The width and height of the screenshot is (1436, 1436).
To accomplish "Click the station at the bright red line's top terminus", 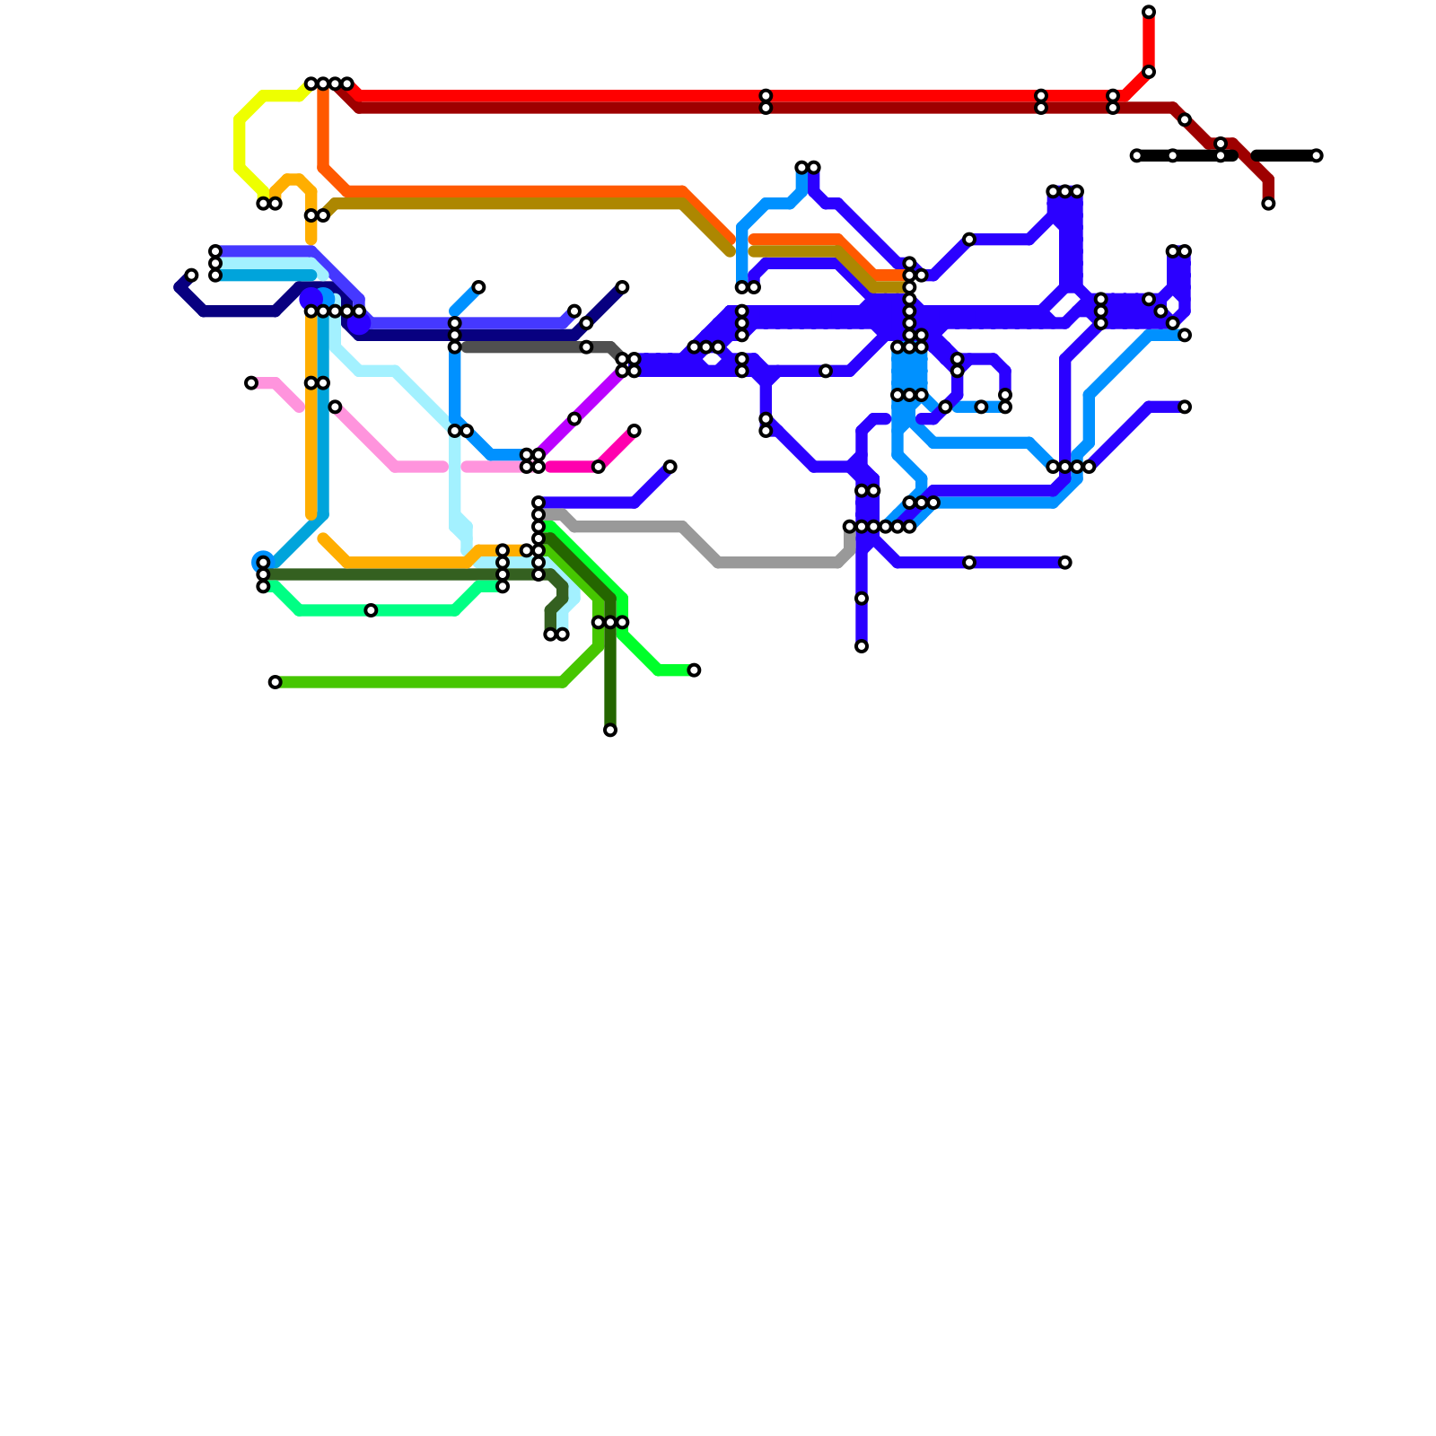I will (1149, 12).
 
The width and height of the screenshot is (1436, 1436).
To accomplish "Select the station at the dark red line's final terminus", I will (1268, 204).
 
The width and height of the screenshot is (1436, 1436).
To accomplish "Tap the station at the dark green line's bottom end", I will (610, 731).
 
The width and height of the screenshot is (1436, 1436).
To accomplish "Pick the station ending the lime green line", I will (275, 682).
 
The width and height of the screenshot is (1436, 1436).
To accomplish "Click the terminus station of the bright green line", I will (694, 670).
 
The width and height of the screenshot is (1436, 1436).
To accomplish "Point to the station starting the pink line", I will (251, 383).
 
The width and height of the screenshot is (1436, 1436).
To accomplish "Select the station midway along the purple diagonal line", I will (574, 419).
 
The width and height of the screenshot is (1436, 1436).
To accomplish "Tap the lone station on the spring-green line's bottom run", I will (371, 610).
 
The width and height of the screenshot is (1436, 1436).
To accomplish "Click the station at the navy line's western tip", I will (191, 275).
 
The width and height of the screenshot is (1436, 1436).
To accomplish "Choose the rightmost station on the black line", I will (1317, 156).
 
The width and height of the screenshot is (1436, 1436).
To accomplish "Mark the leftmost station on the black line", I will (1136, 156).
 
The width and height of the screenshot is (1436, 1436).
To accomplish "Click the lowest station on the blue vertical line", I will (862, 646).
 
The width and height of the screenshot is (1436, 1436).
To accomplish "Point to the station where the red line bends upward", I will (1149, 72).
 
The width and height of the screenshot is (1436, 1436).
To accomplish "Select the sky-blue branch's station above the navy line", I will (478, 287).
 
